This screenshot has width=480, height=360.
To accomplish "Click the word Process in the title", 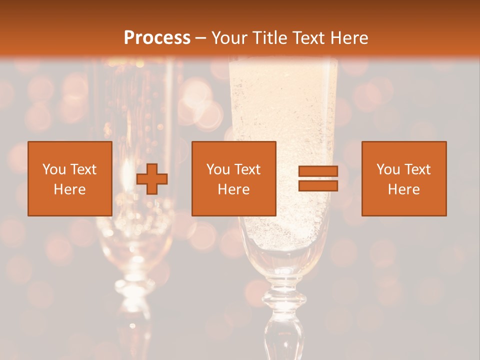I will coord(157,38).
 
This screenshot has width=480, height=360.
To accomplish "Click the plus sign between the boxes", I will coord(152,179).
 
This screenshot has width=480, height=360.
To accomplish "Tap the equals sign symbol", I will coord(318,178).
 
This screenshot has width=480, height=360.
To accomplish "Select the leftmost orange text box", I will coord(70,178).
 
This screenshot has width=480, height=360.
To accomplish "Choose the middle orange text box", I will coord(234,178).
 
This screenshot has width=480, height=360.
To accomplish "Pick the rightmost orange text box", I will coord(404,178).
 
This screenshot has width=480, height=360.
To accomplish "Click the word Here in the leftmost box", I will coord(70,189).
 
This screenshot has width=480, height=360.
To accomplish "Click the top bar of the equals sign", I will coord(318,171).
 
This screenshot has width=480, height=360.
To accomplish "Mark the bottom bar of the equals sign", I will coord(318,185).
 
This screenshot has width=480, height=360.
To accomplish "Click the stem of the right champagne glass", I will coord(279,320).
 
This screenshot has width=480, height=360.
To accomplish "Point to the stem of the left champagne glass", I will coord(131,310).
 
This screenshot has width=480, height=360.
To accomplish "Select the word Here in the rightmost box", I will coord(404,189).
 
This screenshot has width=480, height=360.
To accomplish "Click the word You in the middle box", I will coord(218,169).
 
